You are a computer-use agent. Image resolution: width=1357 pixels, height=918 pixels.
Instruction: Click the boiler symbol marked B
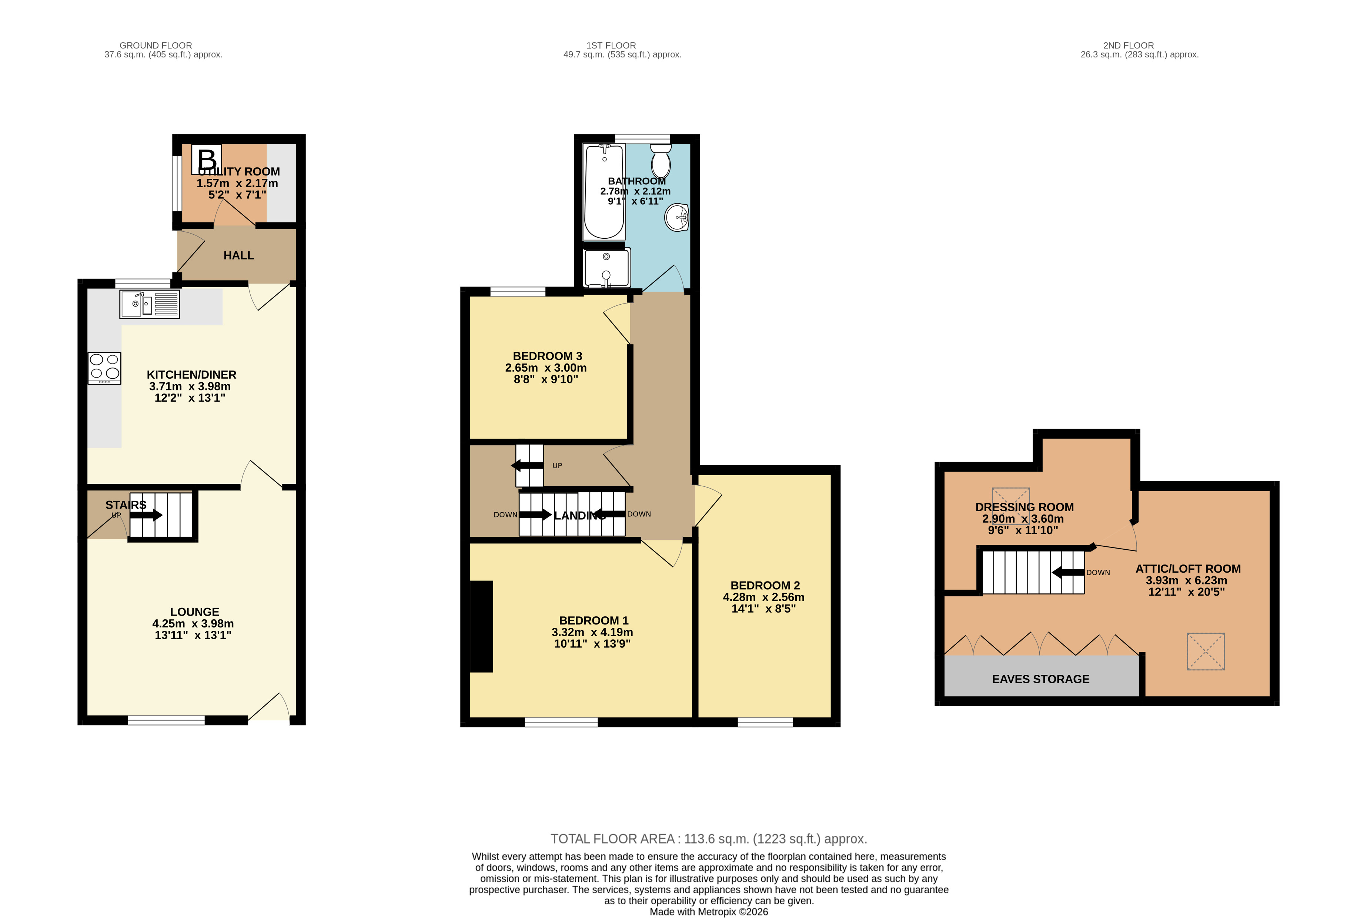pyautogui.click(x=207, y=159)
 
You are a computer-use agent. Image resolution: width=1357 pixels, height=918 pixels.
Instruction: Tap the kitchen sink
pyautogui.click(x=150, y=304)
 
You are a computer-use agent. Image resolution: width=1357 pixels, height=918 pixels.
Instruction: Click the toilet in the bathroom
pyautogui.click(x=661, y=161)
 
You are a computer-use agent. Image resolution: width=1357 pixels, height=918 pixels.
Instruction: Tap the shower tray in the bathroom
pyautogui.click(x=607, y=268)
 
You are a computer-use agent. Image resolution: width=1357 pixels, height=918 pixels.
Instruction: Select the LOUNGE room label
pyautogui.click(x=194, y=612)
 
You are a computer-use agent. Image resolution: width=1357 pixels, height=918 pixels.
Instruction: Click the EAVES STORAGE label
pyautogui.click(x=1040, y=679)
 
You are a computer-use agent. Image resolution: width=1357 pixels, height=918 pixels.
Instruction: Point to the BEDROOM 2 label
pyautogui.click(x=765, y=585)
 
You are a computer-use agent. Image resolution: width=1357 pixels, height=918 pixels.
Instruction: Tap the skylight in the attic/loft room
pyautogui.click(x=1205, y=651)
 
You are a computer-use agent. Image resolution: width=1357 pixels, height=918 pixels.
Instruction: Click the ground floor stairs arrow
pyautogui.click(x=146, y=515)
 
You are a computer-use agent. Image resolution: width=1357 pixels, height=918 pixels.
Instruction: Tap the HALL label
pyautogui.click(x=239, y=256)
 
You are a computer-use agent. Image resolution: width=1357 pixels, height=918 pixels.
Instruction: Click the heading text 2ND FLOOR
pyautogui.click(x=1128, y=46)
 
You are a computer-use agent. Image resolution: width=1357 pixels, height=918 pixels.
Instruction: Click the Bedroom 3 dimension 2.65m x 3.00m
pyautogui.click(x=546, y=368)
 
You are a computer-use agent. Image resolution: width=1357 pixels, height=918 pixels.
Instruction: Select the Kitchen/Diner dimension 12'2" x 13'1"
pyautogui.click(x=190, y=398)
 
